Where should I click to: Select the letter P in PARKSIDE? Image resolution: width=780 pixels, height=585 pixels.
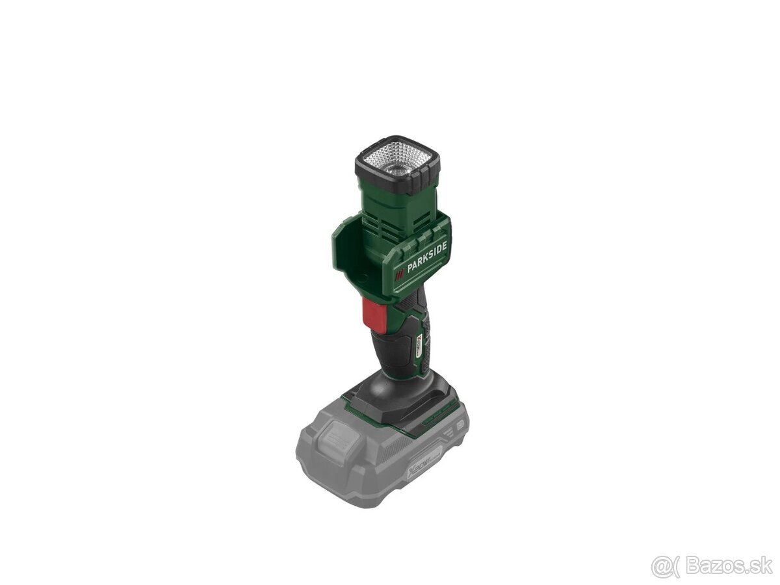coord(410,266)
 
